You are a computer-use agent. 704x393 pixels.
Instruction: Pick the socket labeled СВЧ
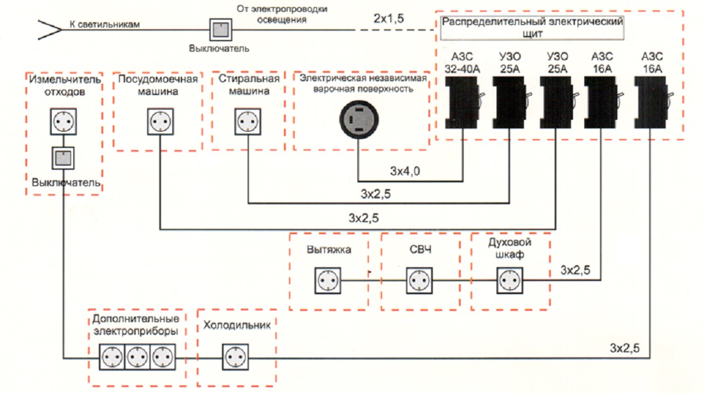point(418,281)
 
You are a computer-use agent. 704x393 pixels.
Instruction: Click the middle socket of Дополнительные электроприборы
point(138,358)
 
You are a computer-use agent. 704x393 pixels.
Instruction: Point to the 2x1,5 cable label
point(389,18)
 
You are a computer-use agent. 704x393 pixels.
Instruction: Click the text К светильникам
point(104,25)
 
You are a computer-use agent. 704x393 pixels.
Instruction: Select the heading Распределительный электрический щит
point(531,26)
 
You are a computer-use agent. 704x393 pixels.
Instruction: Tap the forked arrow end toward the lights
point(46,29)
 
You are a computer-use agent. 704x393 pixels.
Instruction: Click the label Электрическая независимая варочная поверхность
point(363,83)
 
